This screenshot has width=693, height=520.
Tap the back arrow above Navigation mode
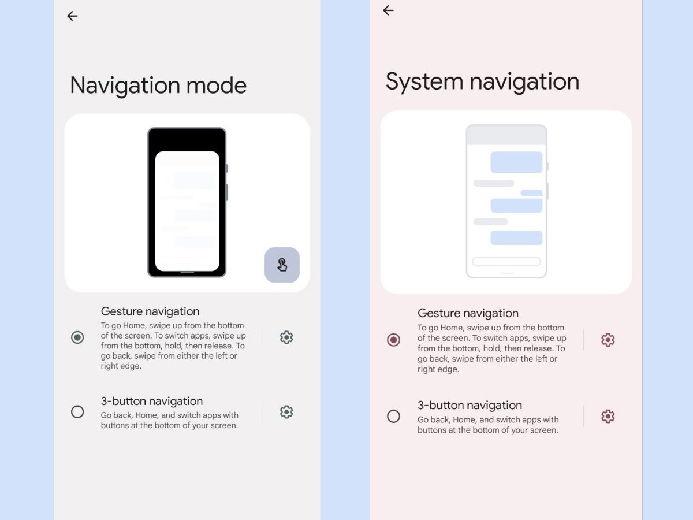click(x=72, y=16)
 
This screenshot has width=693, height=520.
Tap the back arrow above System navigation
click(x=388, y=10)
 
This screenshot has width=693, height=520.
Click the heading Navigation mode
click(x=158, y=86)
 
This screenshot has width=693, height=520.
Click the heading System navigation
click(x=482, y=82)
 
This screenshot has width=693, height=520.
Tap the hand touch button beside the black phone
click(x=282, y=265)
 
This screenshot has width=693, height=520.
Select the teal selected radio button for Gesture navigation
click(x=77, y=337)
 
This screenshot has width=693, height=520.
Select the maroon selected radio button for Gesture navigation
click(x=393, y=340)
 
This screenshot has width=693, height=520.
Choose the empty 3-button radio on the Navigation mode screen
click(x=77, y=412)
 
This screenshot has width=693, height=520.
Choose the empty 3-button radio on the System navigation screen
click(x=393, y=416)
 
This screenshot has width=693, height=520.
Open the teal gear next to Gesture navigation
click(x=286, y=337)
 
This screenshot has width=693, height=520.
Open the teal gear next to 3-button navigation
click(x=286, y=412)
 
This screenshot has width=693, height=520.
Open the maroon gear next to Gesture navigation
click(x=608, y=340)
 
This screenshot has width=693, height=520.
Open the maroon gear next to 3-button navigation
click(x=608, y=416)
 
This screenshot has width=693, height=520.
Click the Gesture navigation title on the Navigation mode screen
click(x=150, y=311)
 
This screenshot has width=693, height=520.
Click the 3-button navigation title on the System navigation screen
click(x=470, y=405)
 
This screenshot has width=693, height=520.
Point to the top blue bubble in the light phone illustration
click(x=516, y=162)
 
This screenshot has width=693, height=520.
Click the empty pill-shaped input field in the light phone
click(x=506, y=261)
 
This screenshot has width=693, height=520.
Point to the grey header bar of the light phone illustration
click(x=506, y=135)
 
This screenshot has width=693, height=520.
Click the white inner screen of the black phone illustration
click(x=187, y=211)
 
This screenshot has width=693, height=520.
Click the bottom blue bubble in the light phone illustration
click(x=516, y=237)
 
